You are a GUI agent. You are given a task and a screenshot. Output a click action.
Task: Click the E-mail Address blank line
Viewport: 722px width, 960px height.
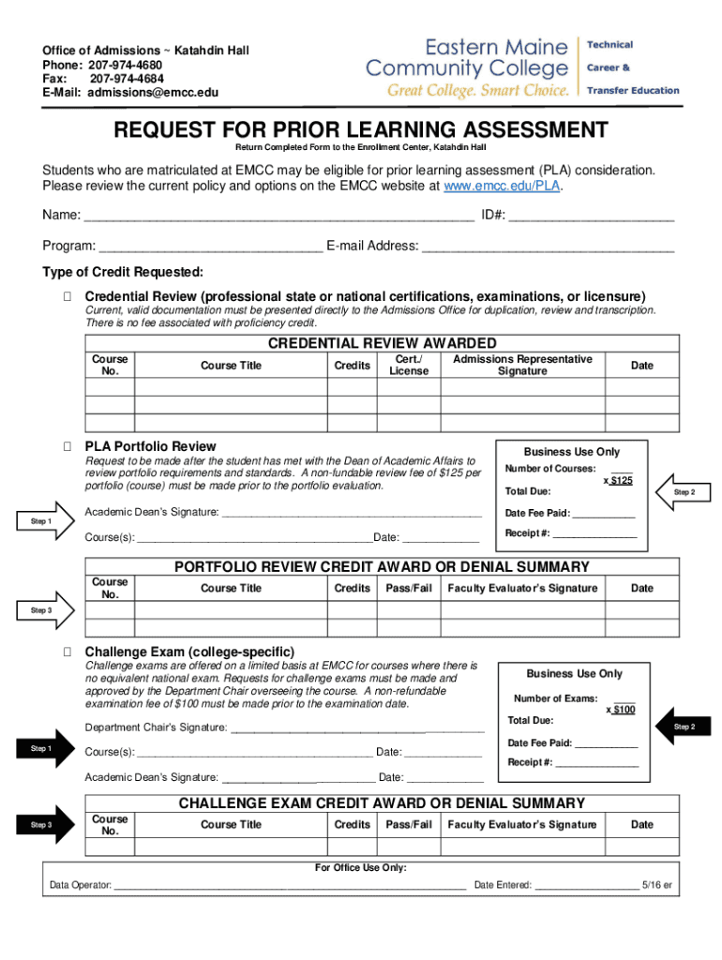[x=549, y=247]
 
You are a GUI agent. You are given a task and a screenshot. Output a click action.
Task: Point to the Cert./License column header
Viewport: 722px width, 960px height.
[x=408, y=365]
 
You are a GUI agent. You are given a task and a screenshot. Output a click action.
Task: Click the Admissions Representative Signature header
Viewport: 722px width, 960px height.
[x=522, y=365]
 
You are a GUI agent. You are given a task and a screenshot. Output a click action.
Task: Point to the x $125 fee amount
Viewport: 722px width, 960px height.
[x=618, y=480]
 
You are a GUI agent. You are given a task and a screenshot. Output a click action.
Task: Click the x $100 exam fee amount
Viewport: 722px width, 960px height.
[x=621, y=710]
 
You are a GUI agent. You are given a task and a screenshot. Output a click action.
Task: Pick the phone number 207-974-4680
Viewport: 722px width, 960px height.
[x=126, y=66]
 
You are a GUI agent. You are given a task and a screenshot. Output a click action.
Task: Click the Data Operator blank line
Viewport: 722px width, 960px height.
[x=290, y=884]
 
